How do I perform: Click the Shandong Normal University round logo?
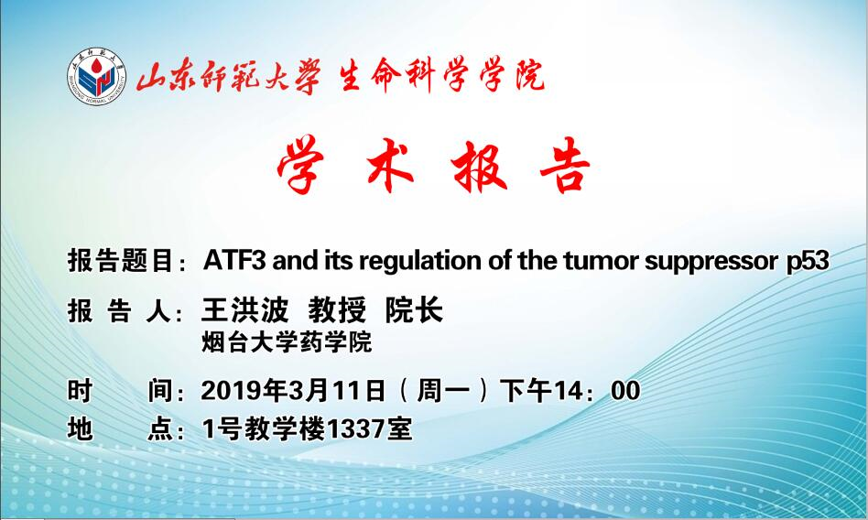(x=96, y=76)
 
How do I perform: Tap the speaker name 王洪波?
(x=245, y=309)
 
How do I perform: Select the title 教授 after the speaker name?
(x=337, y=309)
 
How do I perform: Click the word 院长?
(x=414, y=309)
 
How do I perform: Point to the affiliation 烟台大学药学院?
(x=287, y=342)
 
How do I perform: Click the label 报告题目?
(x=120, y=261)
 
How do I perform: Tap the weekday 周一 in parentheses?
(x=443, y=391)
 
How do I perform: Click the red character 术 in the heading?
(x=390, y=165)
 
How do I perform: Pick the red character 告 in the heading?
(x=565, y=165)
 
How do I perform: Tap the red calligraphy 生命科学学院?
(x=441, y=75)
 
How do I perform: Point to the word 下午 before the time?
(x=526, y=391)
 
